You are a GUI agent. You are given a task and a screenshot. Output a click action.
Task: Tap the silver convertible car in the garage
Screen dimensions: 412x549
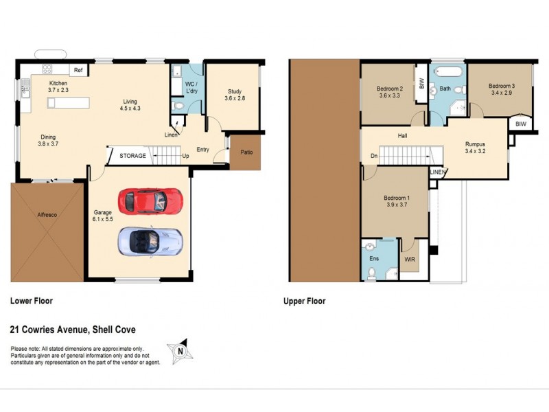(x=150, y=241)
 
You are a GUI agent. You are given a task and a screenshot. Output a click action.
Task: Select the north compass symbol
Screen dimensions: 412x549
(x=180, y=350)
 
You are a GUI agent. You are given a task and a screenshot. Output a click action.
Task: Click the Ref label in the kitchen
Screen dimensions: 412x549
(x=78, y=70)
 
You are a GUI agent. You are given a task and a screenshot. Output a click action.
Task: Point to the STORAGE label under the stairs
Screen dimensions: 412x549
(x=132, y=156)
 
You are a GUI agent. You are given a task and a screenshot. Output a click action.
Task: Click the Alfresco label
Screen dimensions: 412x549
(x=47, y=215)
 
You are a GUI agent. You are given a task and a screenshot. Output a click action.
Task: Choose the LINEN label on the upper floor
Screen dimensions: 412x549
(x=437, y=172)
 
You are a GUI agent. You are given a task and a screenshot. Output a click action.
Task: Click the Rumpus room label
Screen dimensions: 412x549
(x=475, y=144)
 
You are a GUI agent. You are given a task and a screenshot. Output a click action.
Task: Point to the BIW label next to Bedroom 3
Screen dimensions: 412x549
(x=520, y=124)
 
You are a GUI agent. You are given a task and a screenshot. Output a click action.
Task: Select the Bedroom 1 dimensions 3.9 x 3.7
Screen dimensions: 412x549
(x=396, y=205)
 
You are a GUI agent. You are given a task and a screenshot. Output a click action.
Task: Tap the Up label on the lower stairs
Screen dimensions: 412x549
(x=185, y=156)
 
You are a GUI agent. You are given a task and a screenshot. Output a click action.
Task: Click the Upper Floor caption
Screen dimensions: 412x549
(x=305, y=301)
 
